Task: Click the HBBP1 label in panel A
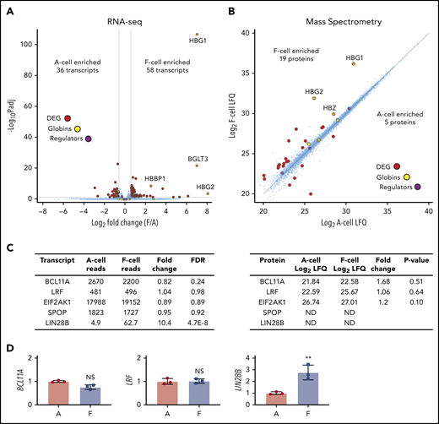pos(155,178)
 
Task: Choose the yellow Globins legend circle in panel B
pos(407,177)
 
